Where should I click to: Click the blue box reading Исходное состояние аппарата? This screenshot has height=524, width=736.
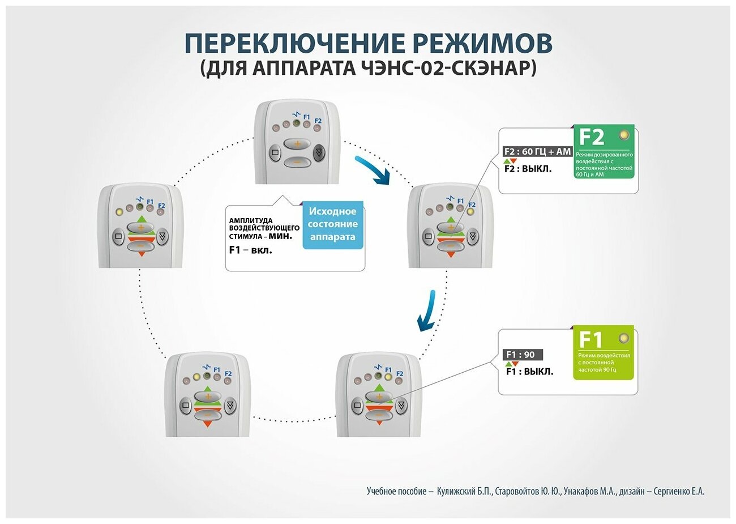pyautogui.click(x=333, y=224)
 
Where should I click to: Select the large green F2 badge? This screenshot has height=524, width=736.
pyautogui.click(x=604, y=151)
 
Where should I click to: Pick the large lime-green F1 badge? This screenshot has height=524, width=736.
pyautogui.click(x=603, y=353)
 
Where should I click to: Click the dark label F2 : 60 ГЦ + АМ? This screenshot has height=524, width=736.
pyautogui.click(x=537, y=152)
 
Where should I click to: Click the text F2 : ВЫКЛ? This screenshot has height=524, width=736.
pyautogui.click(x=528, y=169)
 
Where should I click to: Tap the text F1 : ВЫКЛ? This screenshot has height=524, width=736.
pyautogui.click(x=529, y=372)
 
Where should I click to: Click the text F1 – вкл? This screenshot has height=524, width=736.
pyautogui.click(x=250, y=250)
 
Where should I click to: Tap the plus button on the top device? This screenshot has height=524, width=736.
pyautogui.click(x=297, y=144)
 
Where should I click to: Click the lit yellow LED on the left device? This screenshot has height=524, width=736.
pyautogui.click(x=119, y=212)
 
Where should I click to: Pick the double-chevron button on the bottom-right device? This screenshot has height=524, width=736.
pyautogui.click(x=401, y=406)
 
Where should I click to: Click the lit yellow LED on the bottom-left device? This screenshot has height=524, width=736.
pyautogui.click(x=196, y=377)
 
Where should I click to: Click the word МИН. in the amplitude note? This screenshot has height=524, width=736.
pyautogui.click(x=281, y=236)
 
